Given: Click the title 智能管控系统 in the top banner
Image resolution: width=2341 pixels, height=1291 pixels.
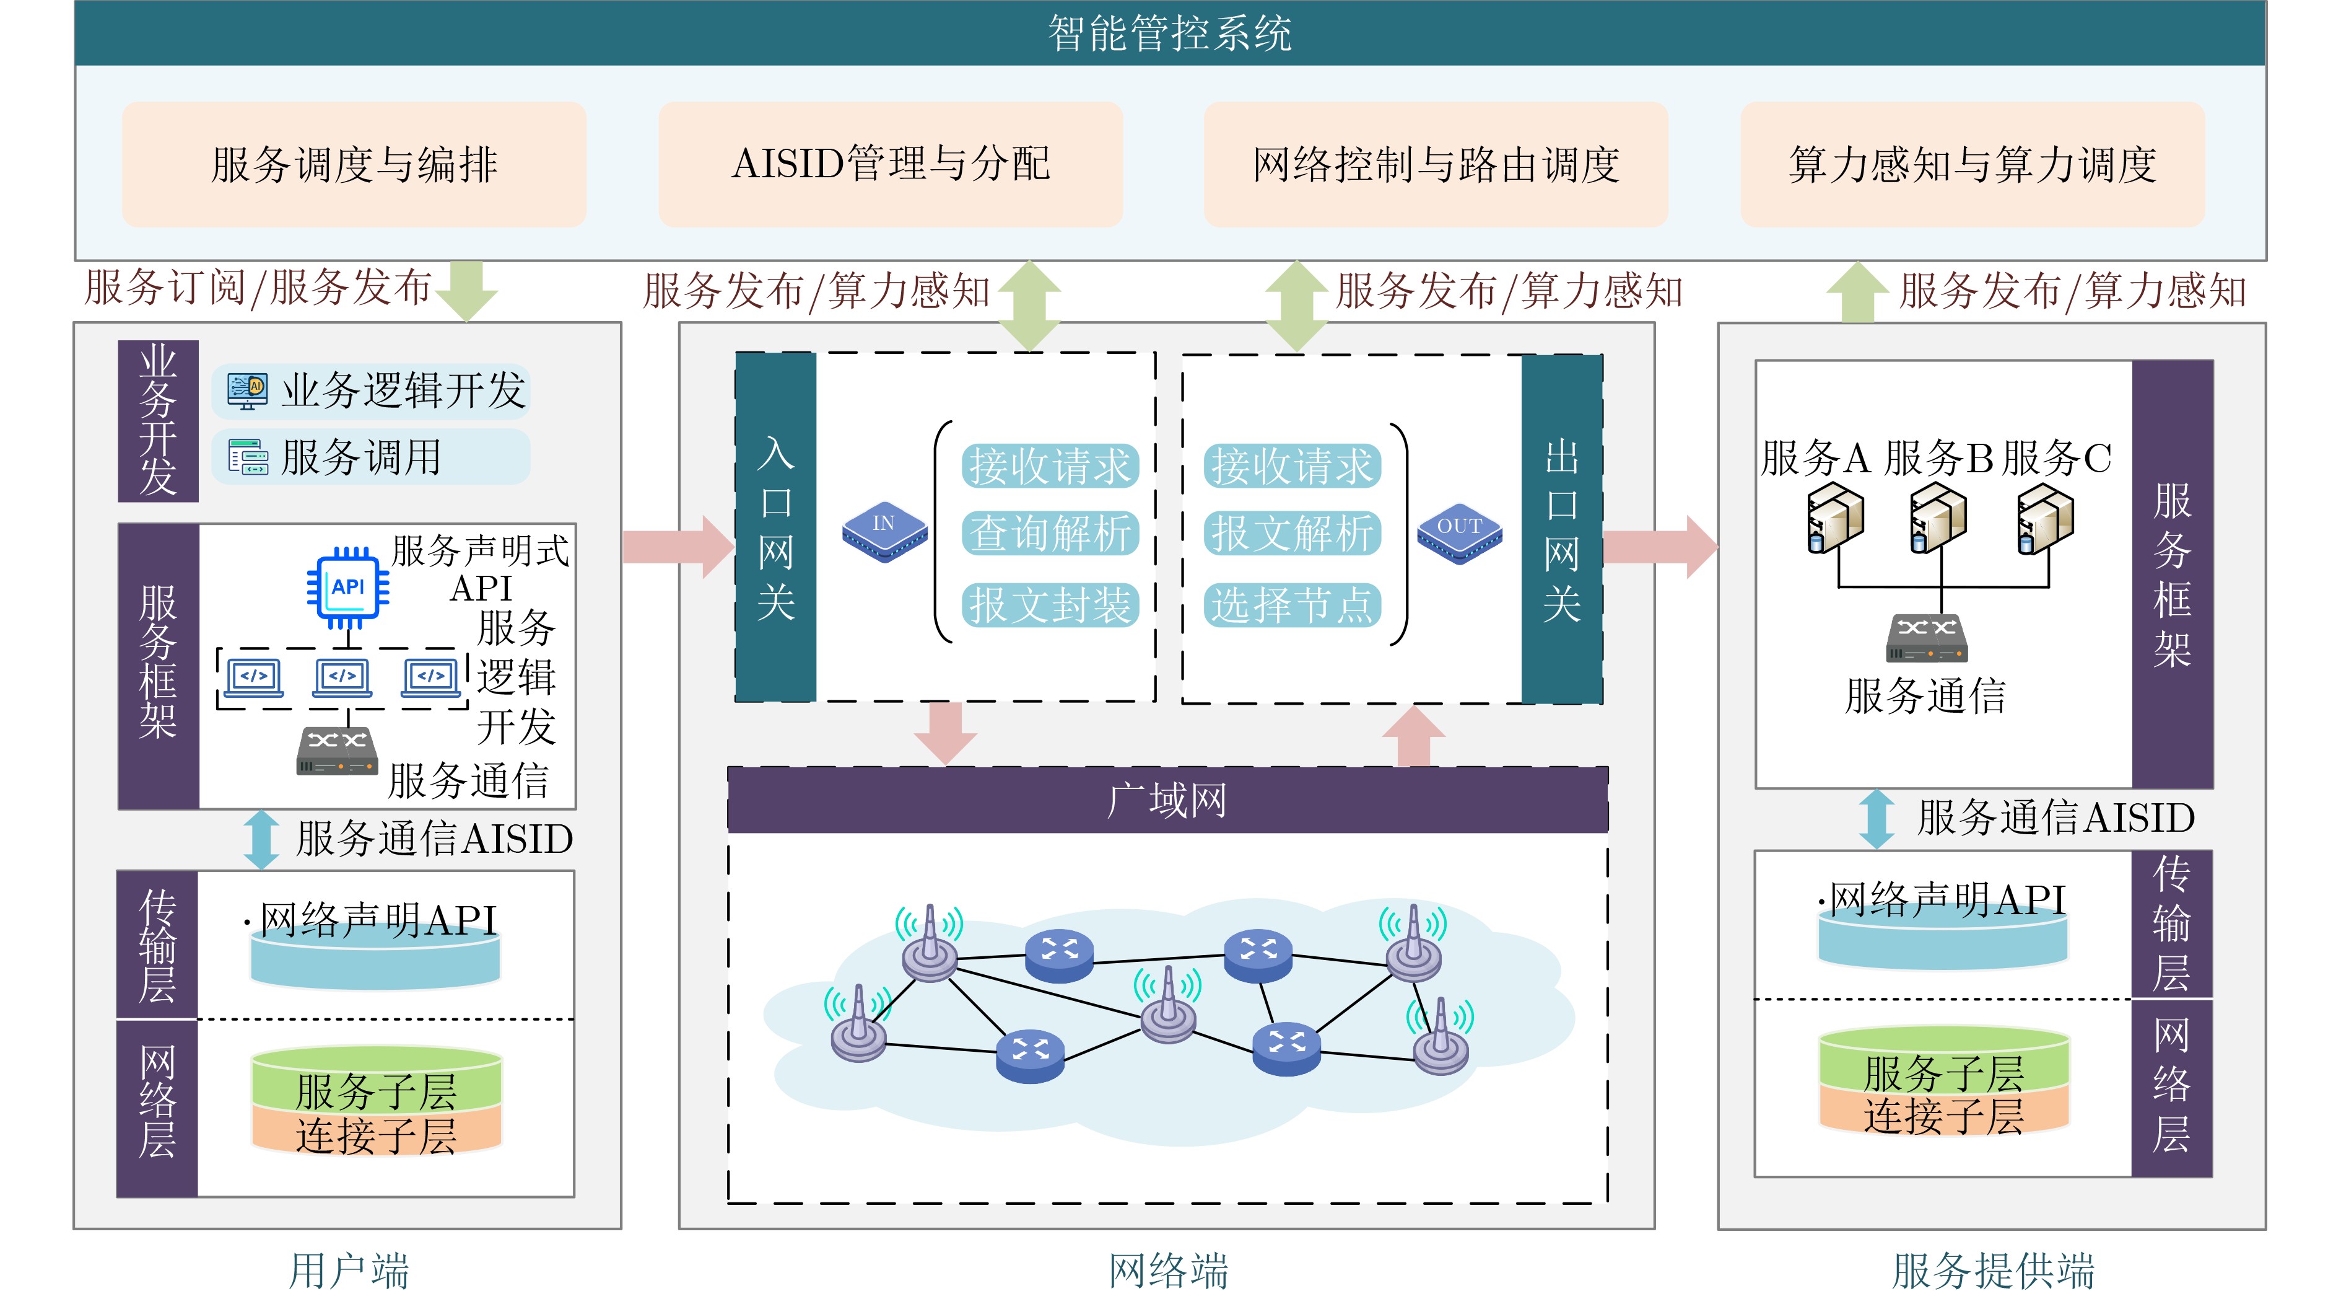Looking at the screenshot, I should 1170,33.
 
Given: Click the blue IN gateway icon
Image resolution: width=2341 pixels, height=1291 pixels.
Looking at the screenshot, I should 884,531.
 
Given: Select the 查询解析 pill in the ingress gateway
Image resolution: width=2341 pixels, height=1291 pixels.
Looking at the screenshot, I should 1050,533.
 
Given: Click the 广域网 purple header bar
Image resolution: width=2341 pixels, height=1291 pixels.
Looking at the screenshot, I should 1168,800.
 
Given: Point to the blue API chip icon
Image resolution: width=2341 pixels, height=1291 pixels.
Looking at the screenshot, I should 348,588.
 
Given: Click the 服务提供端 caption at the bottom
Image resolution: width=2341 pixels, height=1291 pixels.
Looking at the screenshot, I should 1993,1269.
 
